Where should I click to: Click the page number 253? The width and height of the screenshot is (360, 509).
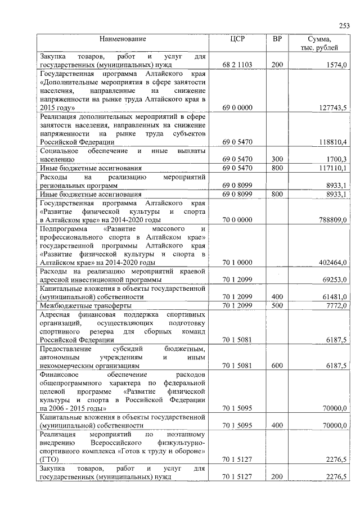[x=344, y=25]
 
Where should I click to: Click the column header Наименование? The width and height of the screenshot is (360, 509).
[x=123, y=39]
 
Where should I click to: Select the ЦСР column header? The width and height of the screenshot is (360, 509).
[x=237, y=39]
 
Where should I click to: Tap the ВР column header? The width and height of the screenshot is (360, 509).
[x=277, y=39]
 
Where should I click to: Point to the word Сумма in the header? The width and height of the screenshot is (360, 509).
[x=319, y=39]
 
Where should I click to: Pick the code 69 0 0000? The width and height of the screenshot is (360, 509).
[x=237, y=107]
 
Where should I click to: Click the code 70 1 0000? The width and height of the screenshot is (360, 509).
[x=237, y=262]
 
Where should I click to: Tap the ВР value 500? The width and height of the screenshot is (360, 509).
[x=277, y=304]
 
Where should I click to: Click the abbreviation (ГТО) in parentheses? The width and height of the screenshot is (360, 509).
[x=49, y=460]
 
